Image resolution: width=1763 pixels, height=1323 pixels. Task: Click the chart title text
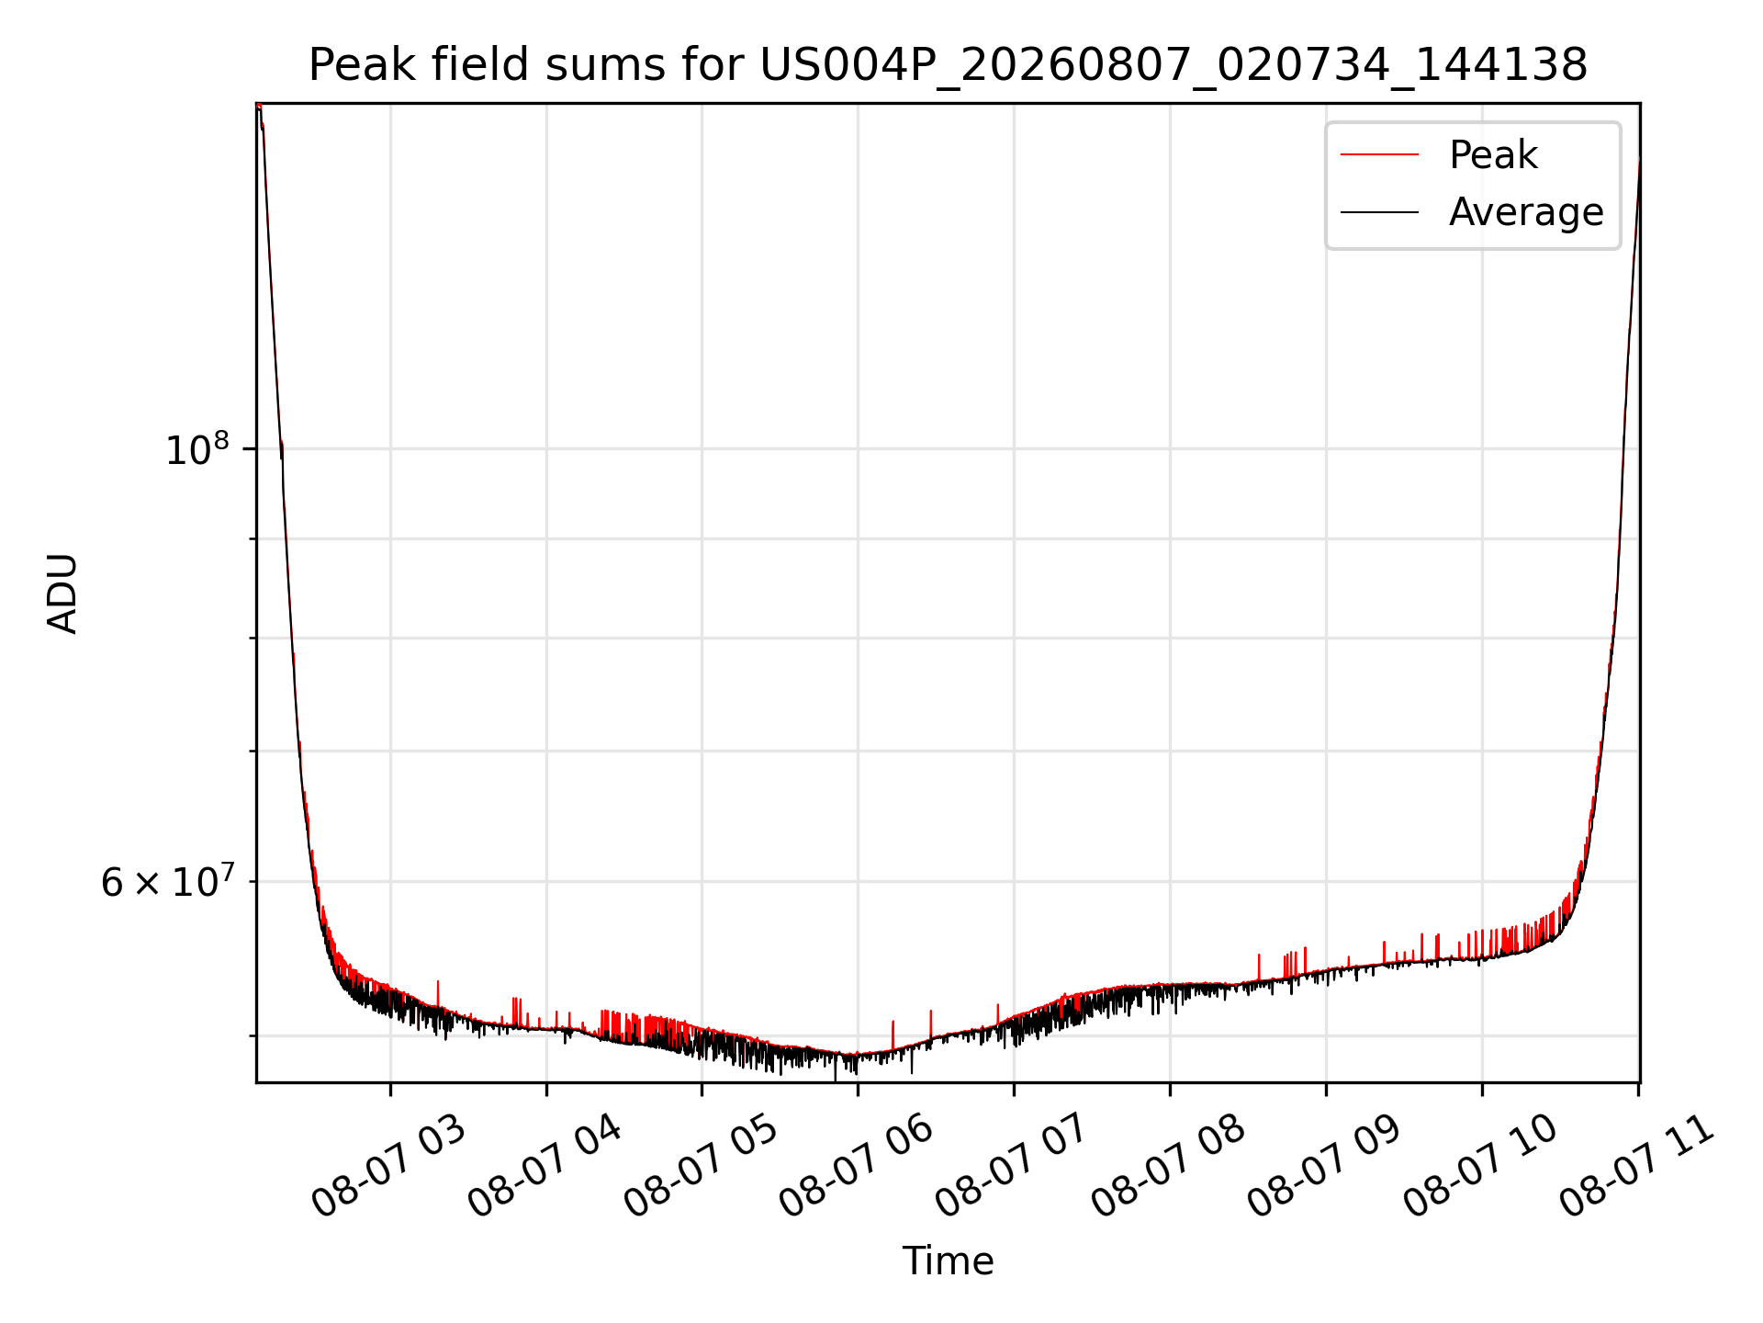click(948, 65)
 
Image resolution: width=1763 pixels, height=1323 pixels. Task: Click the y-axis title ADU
click(62, 594)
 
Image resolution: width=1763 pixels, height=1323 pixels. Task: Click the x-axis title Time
click(948, 1261)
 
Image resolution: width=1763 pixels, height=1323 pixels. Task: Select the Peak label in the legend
click(1493, 155)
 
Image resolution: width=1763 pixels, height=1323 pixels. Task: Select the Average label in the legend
click(1526, 212)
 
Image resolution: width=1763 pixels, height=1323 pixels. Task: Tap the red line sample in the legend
click(1379, 155)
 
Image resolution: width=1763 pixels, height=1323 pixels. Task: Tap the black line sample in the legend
click(1379, 212)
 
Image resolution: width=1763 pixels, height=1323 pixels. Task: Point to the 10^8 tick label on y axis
click(197, 449)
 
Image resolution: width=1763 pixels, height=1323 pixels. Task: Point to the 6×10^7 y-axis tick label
click(167, 882)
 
